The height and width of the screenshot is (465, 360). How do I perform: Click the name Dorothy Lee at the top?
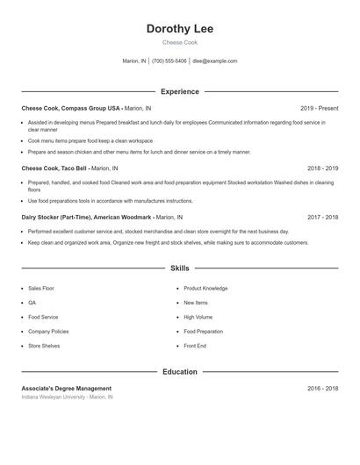tap(180, 29)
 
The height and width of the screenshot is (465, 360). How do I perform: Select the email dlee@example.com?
tap(215, 61)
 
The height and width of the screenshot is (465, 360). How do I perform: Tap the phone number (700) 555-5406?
tap(169, 61)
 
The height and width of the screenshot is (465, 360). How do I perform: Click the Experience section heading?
tap(180, 91)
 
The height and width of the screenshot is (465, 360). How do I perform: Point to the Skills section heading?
tap(180, 268)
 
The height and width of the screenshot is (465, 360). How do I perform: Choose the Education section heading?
tap(180, 372)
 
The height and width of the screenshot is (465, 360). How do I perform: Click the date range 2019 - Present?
tap(319, 109)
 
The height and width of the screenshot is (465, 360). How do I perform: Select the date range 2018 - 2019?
tap(322, 168)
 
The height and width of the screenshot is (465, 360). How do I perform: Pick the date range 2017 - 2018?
tap(322, 217)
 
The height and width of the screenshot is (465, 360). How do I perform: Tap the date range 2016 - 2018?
tap(322, 389)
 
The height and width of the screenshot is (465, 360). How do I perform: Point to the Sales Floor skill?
tap(41, 288)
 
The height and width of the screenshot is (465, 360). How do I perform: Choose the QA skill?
tap(32, 303)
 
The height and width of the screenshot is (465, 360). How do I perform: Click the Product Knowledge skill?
tap(205, 288)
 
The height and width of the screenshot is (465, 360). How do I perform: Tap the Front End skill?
tap(195, 346)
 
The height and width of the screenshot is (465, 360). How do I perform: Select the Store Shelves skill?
tap(44, 346)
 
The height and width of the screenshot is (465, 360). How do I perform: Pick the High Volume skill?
tap(198, 317)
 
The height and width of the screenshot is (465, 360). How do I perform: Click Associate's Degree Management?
tap(67, 389)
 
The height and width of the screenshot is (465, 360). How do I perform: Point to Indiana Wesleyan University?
tap(54, 397)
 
